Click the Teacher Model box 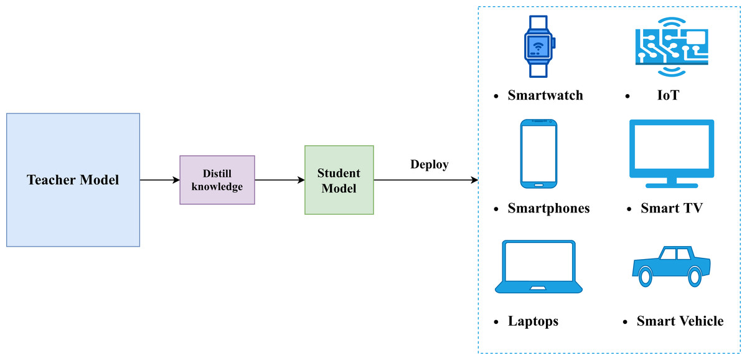73,180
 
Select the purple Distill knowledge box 217,180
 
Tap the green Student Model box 339,180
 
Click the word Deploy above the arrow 430,164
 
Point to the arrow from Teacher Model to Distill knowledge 159,180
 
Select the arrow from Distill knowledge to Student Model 279,180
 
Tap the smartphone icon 538,154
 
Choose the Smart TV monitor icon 671,153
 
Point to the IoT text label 667,95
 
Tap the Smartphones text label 548,208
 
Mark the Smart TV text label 671,208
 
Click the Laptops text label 533,321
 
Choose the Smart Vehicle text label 680,321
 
